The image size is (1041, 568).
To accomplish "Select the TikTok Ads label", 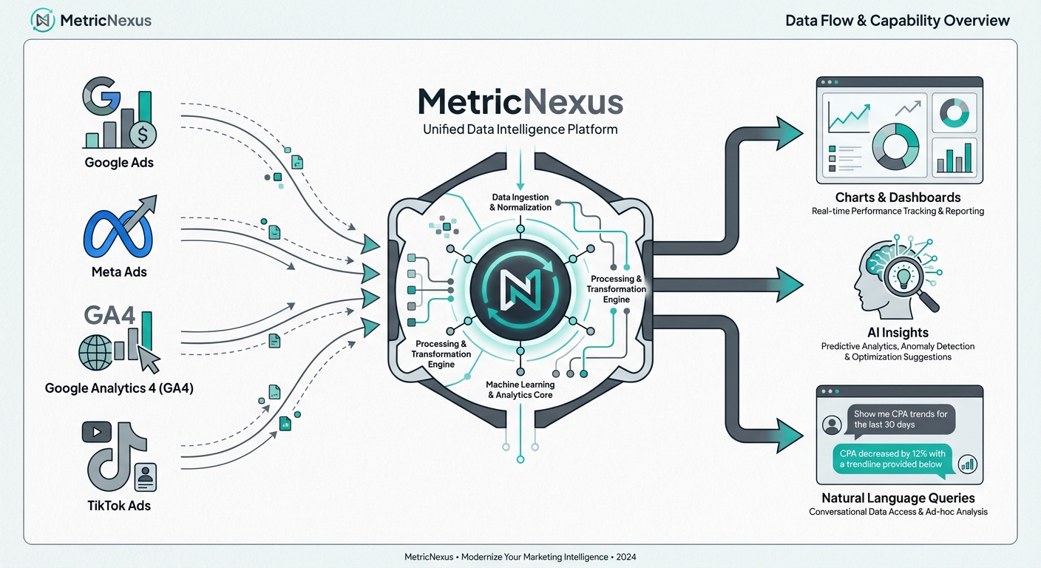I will (x=119, y=506).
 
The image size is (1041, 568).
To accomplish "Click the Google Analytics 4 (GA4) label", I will (x=119, y=388).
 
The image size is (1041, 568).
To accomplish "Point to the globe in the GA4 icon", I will (x=96, y=353).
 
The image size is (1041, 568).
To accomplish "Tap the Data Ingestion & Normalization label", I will (x=520, y=202).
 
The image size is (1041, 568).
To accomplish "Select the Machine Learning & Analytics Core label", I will (x=520, y=390).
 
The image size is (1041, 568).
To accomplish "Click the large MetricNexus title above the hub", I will (x=520, y=102).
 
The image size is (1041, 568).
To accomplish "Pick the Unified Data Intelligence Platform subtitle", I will (x=520, y=129).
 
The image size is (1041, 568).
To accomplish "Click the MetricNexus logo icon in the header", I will (x=42, y=20).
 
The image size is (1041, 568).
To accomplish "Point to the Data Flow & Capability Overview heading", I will (x=898, y=20).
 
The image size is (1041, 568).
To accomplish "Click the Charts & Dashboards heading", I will (x=898, y=197).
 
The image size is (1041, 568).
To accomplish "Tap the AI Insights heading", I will (x=898, y=333).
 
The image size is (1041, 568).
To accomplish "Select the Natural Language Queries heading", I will (x=898, y=498).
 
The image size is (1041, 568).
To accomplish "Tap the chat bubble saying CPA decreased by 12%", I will (x=891, y=459).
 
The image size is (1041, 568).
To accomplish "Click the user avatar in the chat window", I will (x=833, y=425).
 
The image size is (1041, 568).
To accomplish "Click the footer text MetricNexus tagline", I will (x=520, y=557).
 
